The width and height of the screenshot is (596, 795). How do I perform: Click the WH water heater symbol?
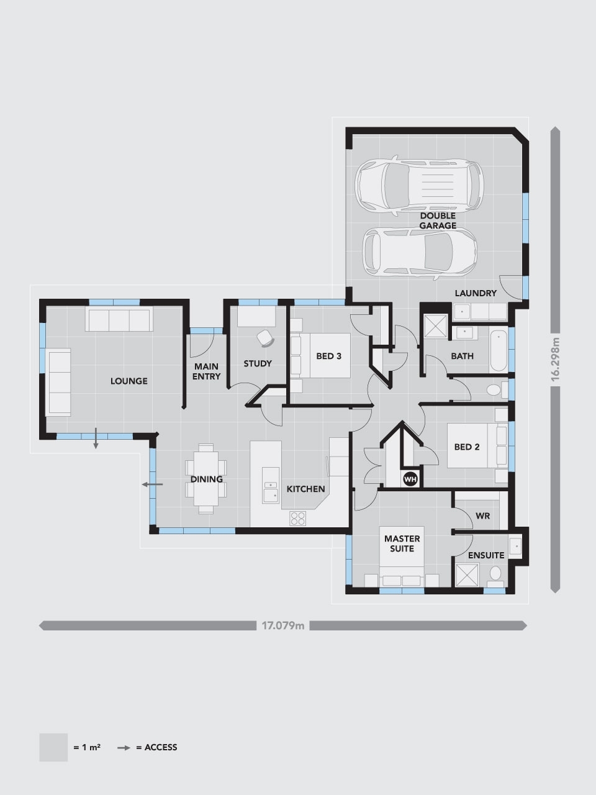click(410, 479)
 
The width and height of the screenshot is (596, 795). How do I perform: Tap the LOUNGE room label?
click(129, 381)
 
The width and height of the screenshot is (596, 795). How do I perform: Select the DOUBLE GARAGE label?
click(438, 220)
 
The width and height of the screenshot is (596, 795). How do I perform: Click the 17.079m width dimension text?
click(283, 625)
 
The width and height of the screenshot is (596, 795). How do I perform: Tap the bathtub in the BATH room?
click(499, 352)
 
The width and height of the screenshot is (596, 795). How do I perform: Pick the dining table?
click(205, 479)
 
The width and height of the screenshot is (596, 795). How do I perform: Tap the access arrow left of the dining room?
click(151, 484)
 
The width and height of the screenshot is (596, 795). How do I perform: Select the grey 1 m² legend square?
click(53, 747)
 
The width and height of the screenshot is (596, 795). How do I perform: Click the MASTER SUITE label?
click(402, 543)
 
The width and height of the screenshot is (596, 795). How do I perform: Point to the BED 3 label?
click(329, 356)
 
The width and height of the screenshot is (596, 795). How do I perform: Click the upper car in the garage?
click(418, 184)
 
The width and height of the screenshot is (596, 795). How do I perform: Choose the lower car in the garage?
click(420, 250)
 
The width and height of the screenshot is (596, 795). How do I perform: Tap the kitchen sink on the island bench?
click(271, 490)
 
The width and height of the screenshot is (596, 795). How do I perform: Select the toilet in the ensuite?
click(496, 573)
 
